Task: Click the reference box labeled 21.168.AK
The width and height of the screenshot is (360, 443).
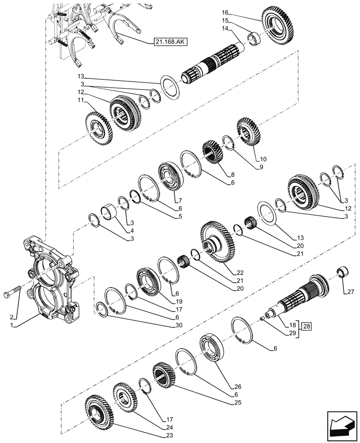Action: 171,42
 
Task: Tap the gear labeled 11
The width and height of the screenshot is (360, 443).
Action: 95,128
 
